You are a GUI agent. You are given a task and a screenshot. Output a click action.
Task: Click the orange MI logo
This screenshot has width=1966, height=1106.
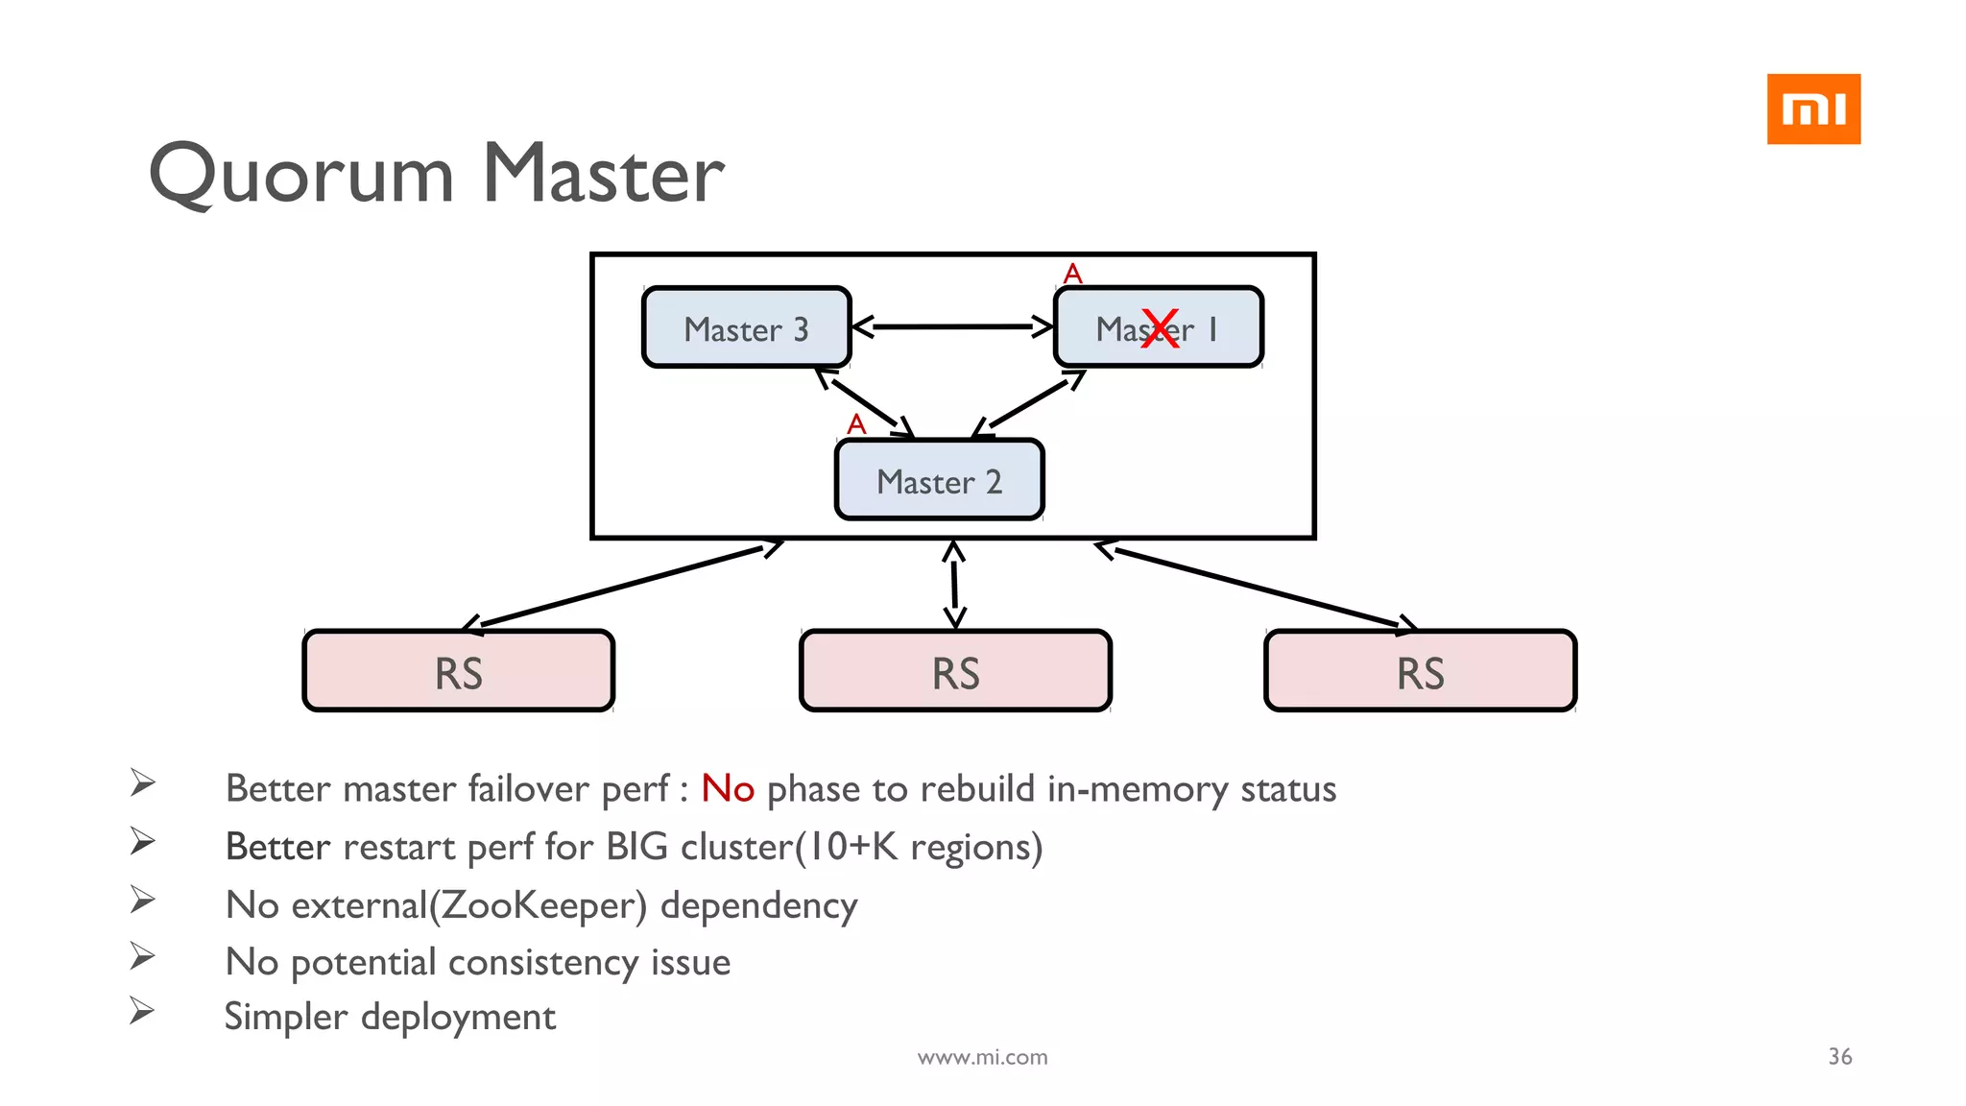1812,109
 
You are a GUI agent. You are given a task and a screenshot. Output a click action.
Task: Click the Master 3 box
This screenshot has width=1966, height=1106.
746,327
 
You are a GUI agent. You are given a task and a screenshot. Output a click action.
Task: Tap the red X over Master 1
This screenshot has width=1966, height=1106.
1160,328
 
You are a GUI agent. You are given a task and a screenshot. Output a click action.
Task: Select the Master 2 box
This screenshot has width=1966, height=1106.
939,480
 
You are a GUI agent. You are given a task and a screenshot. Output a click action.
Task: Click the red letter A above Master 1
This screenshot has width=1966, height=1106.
1072,275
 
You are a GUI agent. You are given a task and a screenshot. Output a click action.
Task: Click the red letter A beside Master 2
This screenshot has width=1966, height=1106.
856,424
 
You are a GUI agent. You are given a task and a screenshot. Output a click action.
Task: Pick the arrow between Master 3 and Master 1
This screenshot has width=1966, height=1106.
952,326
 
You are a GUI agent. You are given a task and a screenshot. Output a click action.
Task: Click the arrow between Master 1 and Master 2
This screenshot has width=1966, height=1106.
1029,403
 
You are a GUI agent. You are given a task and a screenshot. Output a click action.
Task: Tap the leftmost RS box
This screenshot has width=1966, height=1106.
458,671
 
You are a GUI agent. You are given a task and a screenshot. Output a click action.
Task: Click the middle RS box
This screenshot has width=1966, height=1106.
955,671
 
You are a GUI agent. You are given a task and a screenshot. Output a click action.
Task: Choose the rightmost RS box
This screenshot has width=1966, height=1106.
1420,671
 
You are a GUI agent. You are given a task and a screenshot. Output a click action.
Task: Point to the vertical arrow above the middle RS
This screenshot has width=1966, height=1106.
953,584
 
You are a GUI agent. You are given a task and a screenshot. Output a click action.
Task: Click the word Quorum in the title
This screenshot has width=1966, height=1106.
301,175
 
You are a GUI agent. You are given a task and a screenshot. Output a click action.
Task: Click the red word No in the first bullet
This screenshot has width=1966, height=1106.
727,788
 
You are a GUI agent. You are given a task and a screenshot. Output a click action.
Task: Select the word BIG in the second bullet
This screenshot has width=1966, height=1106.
636,847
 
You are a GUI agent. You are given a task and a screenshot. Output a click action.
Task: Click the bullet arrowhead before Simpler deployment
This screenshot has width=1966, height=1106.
142,1011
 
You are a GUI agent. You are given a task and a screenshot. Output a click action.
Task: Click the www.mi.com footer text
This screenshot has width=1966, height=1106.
982,1057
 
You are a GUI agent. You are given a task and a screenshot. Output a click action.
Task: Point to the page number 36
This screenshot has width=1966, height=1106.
1839,1056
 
